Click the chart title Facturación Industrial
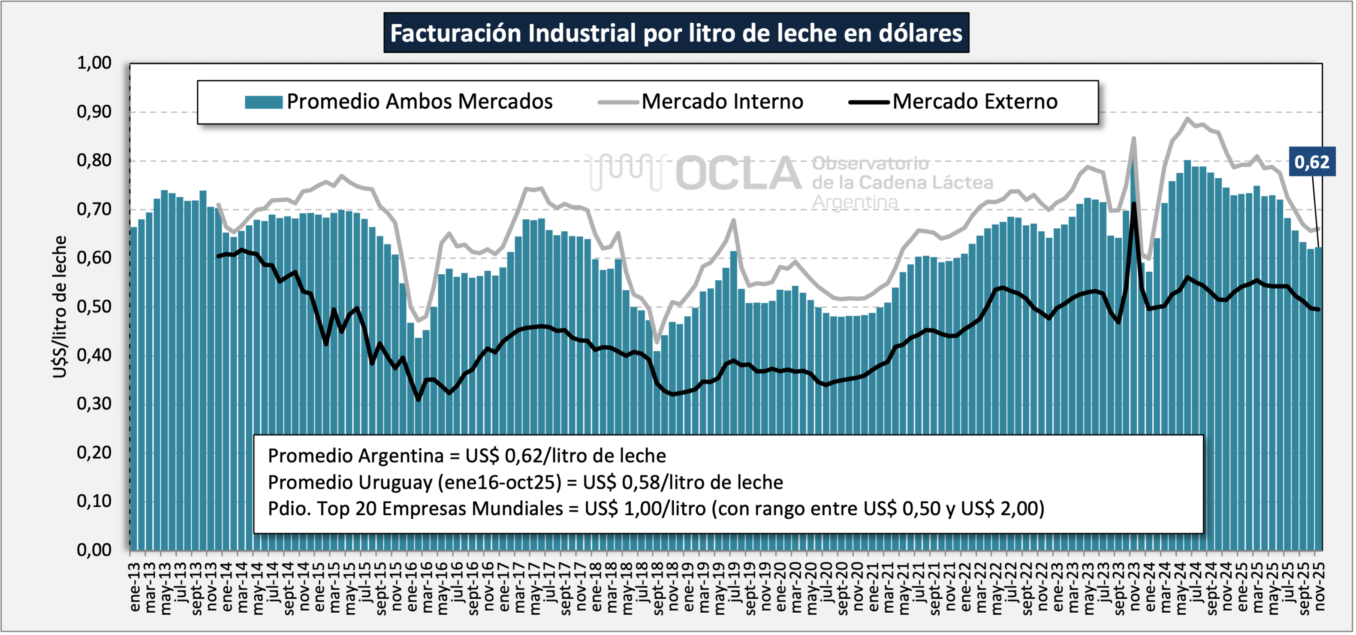pos(676,33)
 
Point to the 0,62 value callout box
pos(1311,162)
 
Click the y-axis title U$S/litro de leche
pos(60,306)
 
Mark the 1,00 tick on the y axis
pos(94,63)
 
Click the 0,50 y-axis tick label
pos(94,306)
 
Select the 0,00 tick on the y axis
pos(94,550)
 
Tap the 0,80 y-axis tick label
pos(94,160)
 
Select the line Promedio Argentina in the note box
pos(467,456)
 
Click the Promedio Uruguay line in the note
pos(525,482)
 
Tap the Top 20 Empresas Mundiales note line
pos(655,508)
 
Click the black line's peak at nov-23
pos(1133,204)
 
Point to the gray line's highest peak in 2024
pos(1187,118)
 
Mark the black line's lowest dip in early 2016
pos(419,399)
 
